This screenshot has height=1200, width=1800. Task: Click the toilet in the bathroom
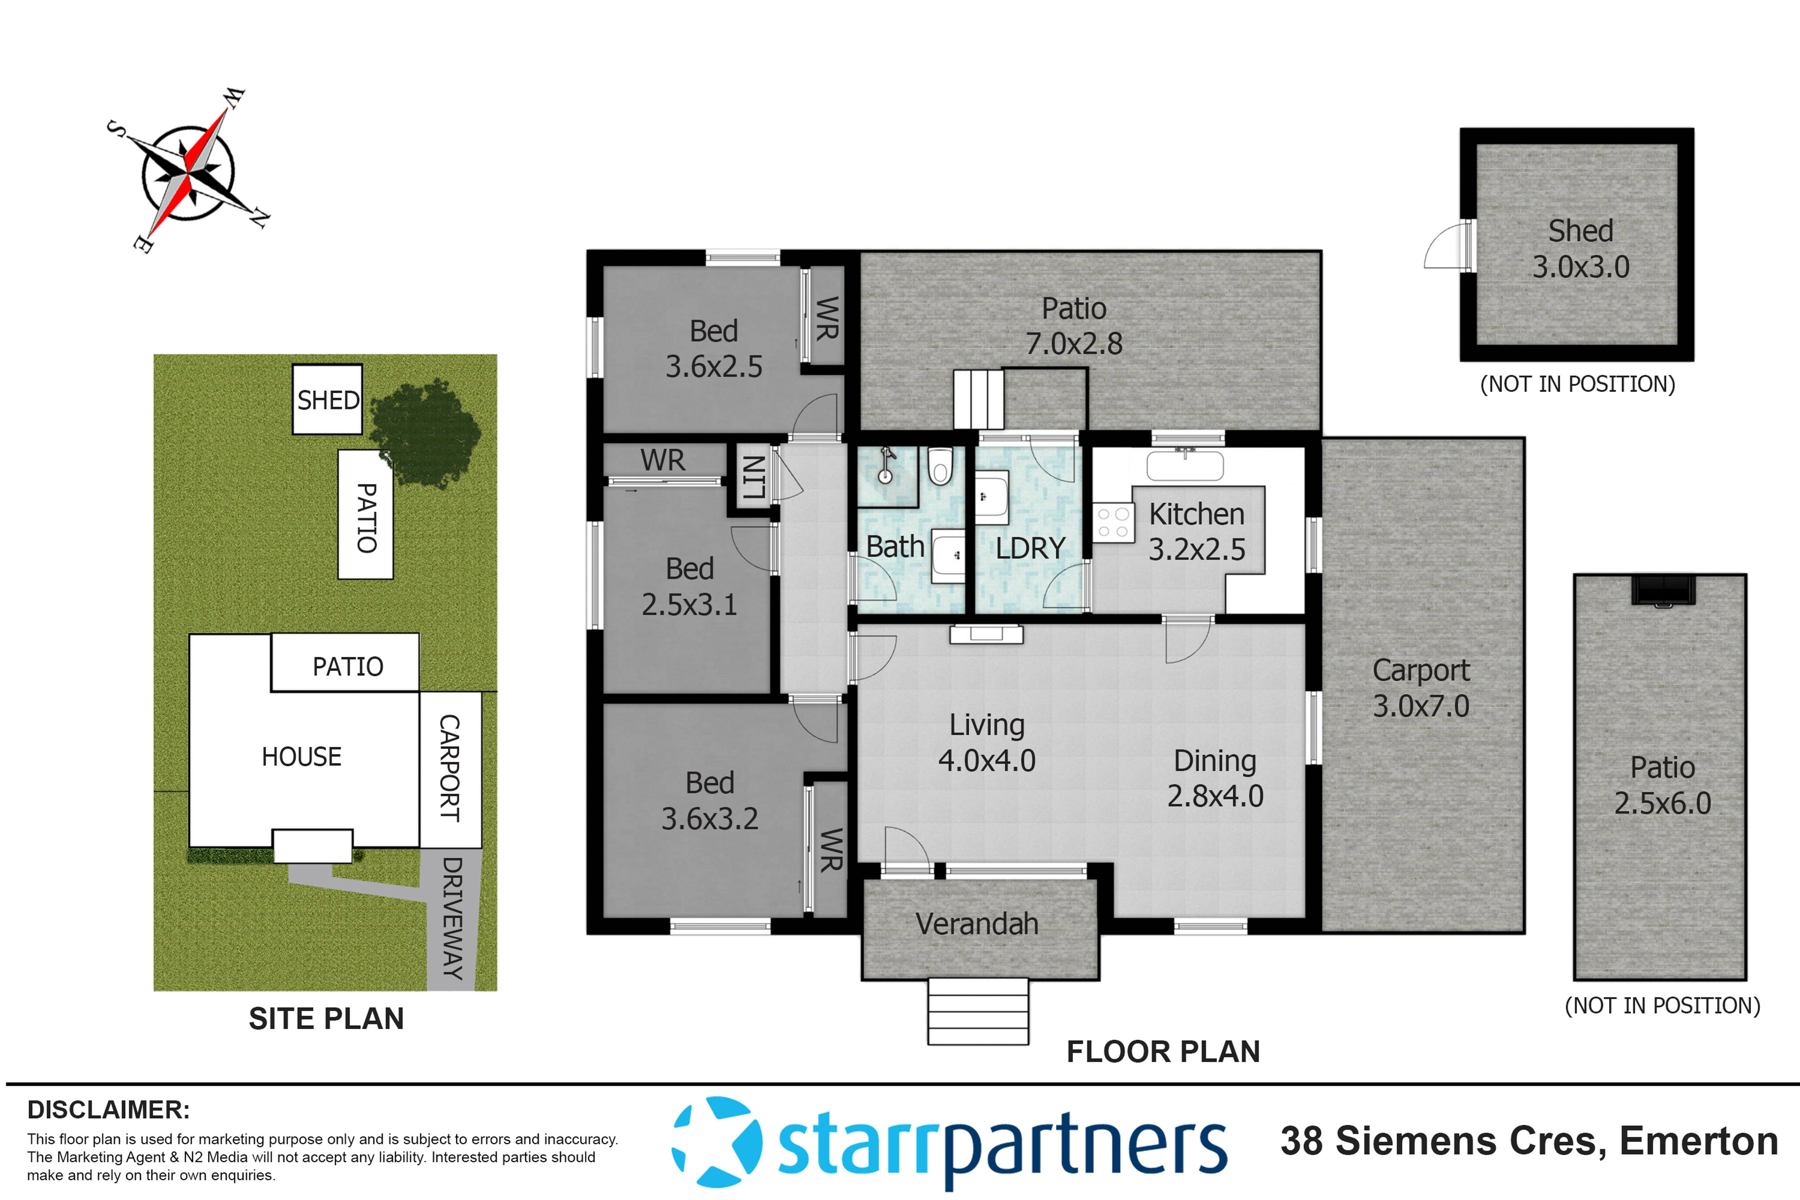pos(940,467)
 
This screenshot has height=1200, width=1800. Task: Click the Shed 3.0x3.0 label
pos(1580,249)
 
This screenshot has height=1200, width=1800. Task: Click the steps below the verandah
pos(977,1012)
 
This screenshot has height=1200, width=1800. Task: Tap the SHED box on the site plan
pos(328,400)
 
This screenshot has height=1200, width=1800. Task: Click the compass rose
pos(188,173)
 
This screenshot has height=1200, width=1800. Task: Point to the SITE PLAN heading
pos(326,1019)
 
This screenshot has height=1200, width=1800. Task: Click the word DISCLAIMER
pos(108,1110)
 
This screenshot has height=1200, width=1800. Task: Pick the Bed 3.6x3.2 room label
pos(710,800)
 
